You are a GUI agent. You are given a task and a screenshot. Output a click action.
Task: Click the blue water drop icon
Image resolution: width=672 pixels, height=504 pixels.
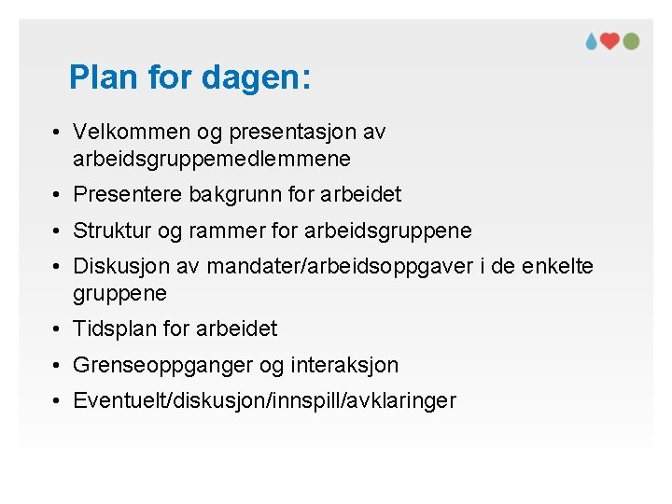(592, 41)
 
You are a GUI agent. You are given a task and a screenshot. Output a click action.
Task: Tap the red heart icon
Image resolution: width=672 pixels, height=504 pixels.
(610, 41)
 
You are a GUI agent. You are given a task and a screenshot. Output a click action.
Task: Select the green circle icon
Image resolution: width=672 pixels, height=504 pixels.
(631, 41)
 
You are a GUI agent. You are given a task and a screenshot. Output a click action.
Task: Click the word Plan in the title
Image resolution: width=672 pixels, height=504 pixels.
(103, 77)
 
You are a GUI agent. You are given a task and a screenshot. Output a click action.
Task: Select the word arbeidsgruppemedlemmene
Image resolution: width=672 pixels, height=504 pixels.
(212, 160)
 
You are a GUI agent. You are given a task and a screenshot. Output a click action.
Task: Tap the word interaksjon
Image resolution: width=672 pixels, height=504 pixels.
(344, 365)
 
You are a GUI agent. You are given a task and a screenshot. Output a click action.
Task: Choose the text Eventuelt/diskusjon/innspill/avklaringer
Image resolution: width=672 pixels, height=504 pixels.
(264, 401)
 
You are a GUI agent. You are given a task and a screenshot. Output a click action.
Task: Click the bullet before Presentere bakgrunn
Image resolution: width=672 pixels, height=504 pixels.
(57, 195)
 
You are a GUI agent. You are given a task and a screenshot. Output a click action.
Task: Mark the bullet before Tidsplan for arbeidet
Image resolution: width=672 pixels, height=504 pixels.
(57, 329)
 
